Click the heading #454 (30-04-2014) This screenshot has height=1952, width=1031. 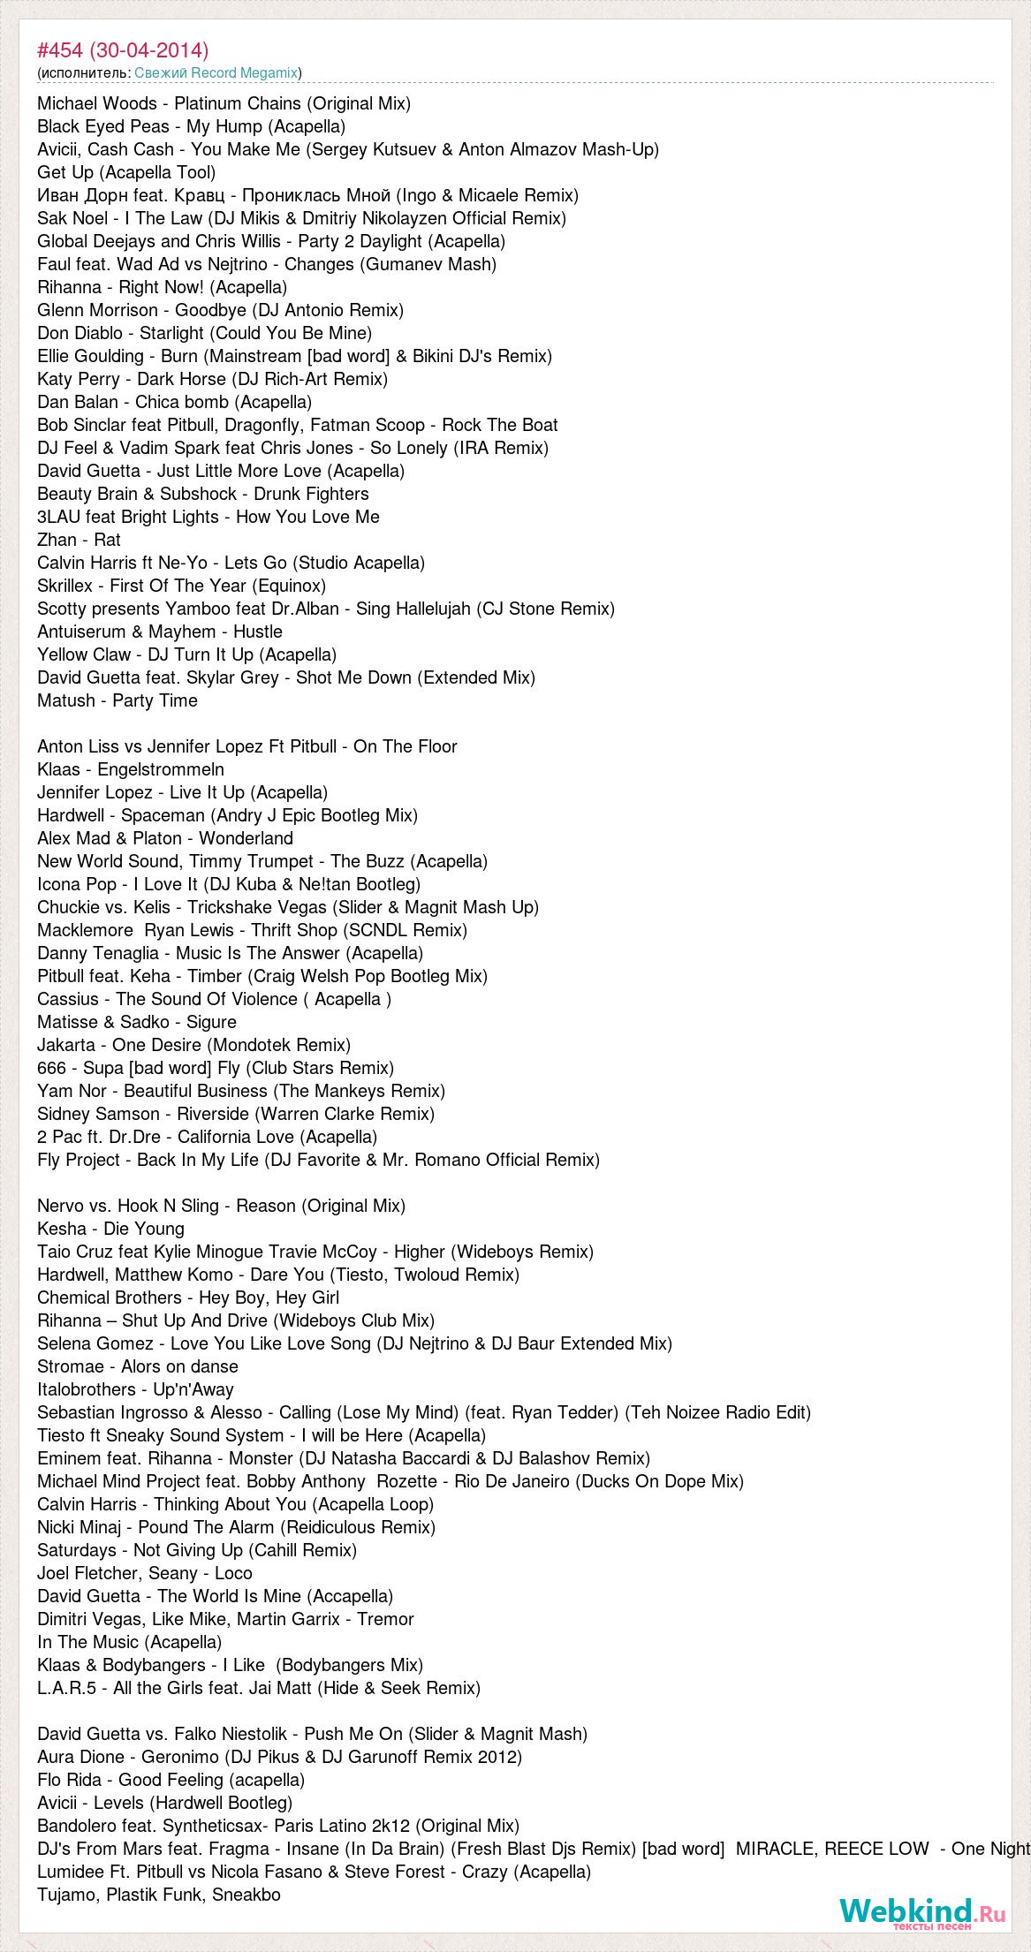click(123, 49)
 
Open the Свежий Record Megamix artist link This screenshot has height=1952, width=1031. click(216, 72)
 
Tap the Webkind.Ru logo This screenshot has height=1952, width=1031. click(922, 1912)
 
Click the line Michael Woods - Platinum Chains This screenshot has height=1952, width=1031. click(224, 103)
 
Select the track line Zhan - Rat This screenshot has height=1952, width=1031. click(79, 540)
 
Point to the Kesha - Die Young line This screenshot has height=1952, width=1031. click(110, 1229)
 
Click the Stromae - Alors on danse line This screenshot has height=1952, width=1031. click(137, 1366)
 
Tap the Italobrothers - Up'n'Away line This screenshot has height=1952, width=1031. click(135, 1389)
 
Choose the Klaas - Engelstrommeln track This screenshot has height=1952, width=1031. click(130, 769)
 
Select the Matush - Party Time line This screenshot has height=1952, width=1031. click(117, 700)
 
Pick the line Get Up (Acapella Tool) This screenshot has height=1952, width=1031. click(126, 172)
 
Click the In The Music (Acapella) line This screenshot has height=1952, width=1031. click(129, 1642)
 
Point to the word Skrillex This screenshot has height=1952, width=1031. click(67, 586)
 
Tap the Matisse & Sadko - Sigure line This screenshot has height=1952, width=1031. click(136, 1022)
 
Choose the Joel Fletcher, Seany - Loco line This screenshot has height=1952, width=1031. click(144, 1573)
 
